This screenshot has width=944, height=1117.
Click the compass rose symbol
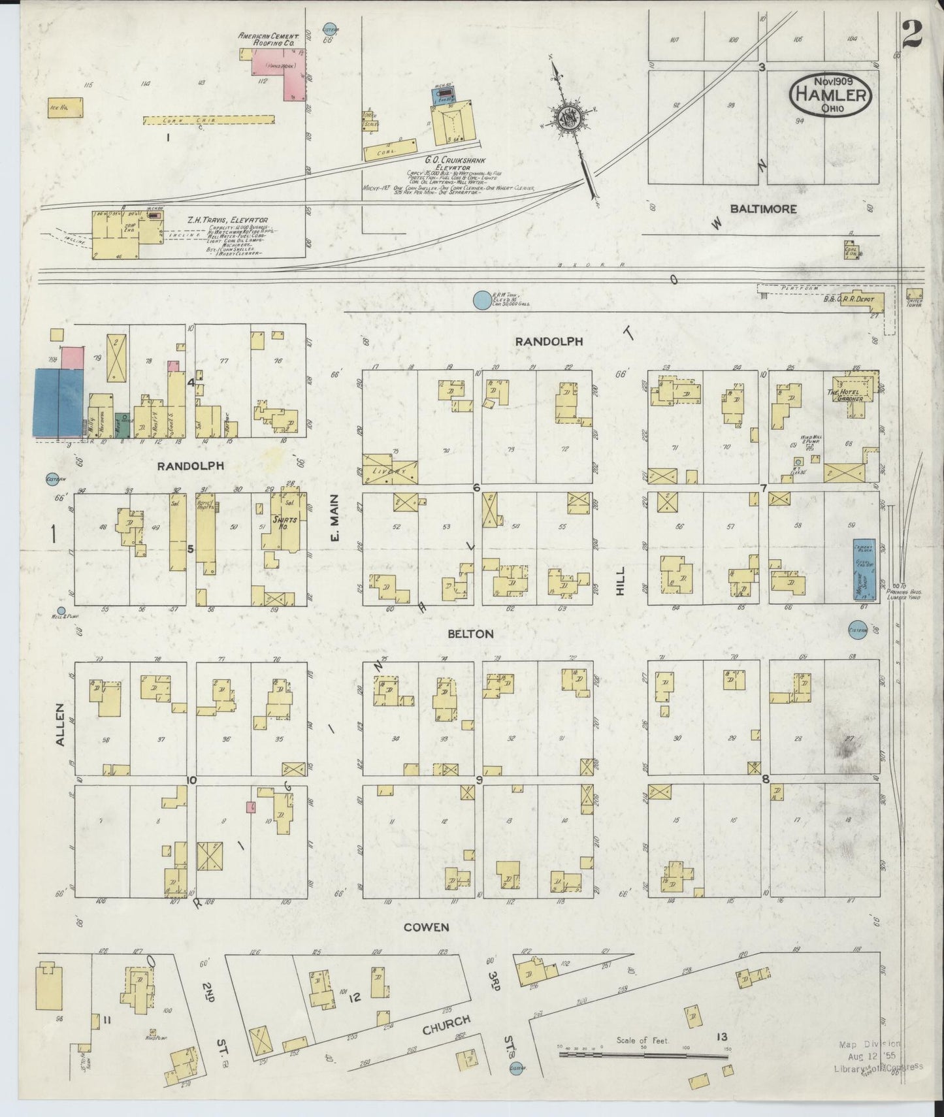pyautogui.click(x=566, y=118)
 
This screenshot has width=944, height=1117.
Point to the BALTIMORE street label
pyautogui.click(x=763, y=209)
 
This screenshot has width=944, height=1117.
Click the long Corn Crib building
pyautogui.click(x=208, y=120)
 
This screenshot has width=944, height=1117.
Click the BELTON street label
pyautogui.click(x=470, y=634)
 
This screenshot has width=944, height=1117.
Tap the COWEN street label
pyautogui.click(x=425, y=927)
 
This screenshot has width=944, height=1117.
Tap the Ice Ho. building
pyautogui.click(x=65, y=107)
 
